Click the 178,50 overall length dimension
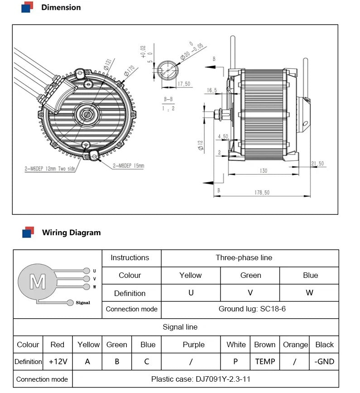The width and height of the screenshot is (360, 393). pos(261,193)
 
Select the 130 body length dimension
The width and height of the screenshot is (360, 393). pos(264,171)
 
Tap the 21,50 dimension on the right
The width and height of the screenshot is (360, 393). pos(317,163)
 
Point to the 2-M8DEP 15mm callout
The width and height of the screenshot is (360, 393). pos(128,166)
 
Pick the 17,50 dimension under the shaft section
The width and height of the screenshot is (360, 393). pos(183,83)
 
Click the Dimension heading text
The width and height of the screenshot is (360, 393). pos(61,7)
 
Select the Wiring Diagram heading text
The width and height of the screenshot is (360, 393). pos(71,233)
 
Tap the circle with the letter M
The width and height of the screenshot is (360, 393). pos(37,282)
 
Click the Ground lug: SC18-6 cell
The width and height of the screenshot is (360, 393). pos(250,309)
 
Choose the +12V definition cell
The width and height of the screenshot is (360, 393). pos(58,361)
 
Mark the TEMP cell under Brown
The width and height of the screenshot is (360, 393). pos(265,361)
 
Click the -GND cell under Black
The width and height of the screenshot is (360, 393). pos(324,361)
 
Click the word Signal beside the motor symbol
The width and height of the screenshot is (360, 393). pos(83,302)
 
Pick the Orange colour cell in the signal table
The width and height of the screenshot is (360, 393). pos(295,344)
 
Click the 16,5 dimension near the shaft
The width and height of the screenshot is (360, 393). pos(212,91)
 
